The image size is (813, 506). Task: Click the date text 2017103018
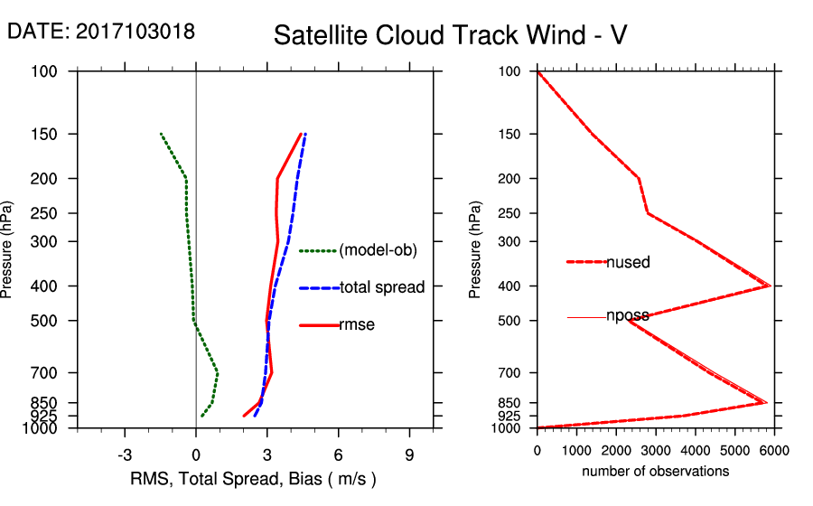[135, 31]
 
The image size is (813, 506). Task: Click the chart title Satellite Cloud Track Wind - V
[450, 35]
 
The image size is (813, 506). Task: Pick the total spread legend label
[381, 287]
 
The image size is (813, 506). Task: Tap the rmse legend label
[356, 325]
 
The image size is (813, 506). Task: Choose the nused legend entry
[628, 262]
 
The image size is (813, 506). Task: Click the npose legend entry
[627, 316]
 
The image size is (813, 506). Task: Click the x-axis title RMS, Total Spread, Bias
[252, 478]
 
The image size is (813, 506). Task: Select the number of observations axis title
[655, 472]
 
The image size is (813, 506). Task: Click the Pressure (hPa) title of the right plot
[476, 250]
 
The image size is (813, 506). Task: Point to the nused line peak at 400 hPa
[769, 286]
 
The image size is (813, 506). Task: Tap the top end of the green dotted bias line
[161, 134]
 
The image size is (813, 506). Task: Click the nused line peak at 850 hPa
[766, 402]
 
